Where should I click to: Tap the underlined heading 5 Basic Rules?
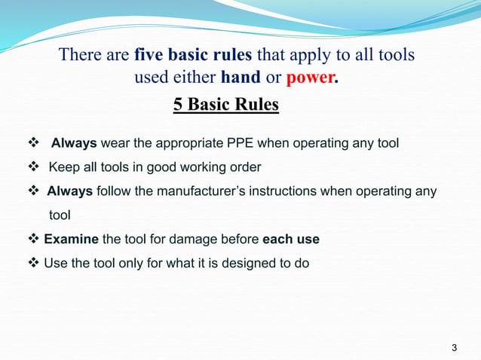coord(226,104)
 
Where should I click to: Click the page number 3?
coord(453,347)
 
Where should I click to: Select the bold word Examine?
coord(72,239)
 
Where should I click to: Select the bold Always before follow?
coord(70,191)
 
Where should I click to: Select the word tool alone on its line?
coord(60,215)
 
